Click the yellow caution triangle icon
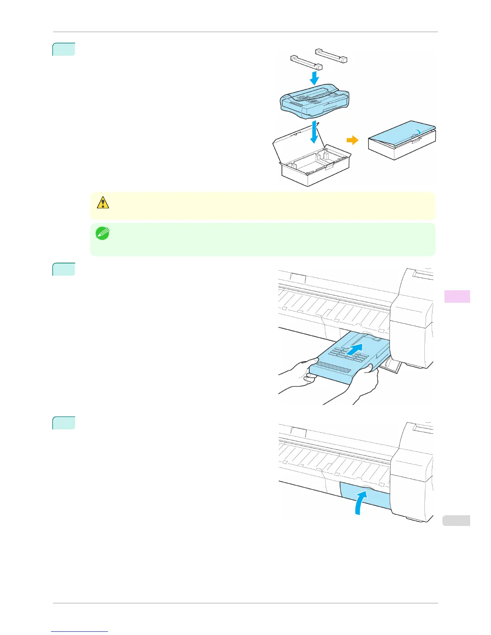coord(103,203)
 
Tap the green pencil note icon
coord(102,234)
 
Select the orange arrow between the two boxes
coord(352,140)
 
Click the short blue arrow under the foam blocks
coord(315,77)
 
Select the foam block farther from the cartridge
coord(331,55)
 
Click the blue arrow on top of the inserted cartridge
coord(355,349)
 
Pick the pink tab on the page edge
coord(457,296)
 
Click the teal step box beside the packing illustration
coord(64,49)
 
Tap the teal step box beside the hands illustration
coord(64,269)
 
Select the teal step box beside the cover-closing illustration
coord(64,423)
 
